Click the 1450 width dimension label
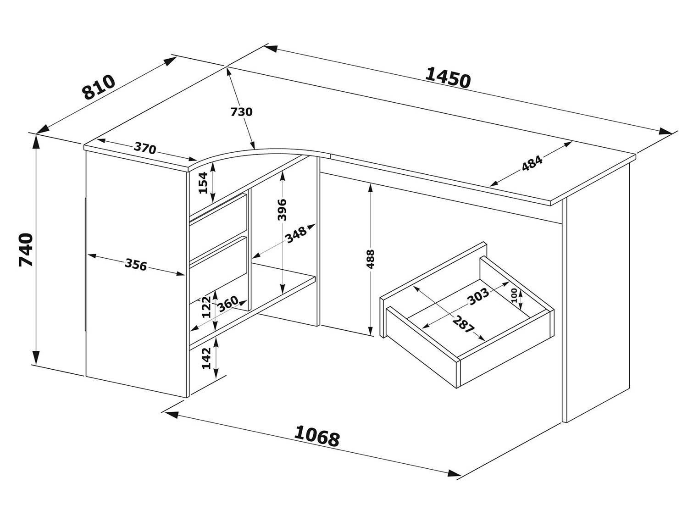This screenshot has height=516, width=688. pyautogui.click(x=448, y=78)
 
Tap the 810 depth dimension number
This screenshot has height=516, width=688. pyautogui.click(x=99, y=87)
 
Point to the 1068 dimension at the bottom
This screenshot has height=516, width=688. pyautogui.click(x=316, y=436)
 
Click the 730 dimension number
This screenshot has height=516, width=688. pyautogui.click(x=241, y=111)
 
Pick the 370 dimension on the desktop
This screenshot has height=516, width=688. pyautogui.click(x=145, y=148)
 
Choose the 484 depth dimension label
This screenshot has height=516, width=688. pyautogui.click(x=532, y=164)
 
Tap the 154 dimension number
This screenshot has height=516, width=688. pyautogui.click(x=203, y=182)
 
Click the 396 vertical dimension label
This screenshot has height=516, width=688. pyautogui.click(x=282, y=210)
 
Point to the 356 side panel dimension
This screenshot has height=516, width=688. pyautogui.click(x=136, y=265)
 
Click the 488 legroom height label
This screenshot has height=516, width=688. pyautogui.click(x=371, y=259)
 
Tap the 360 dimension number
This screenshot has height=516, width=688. pyautogui.click(x=228, y=303)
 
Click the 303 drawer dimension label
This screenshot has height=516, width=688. pyautogui.click(x=478, y=297)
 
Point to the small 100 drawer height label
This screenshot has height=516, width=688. pyautogui.click(x=514, y=294)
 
